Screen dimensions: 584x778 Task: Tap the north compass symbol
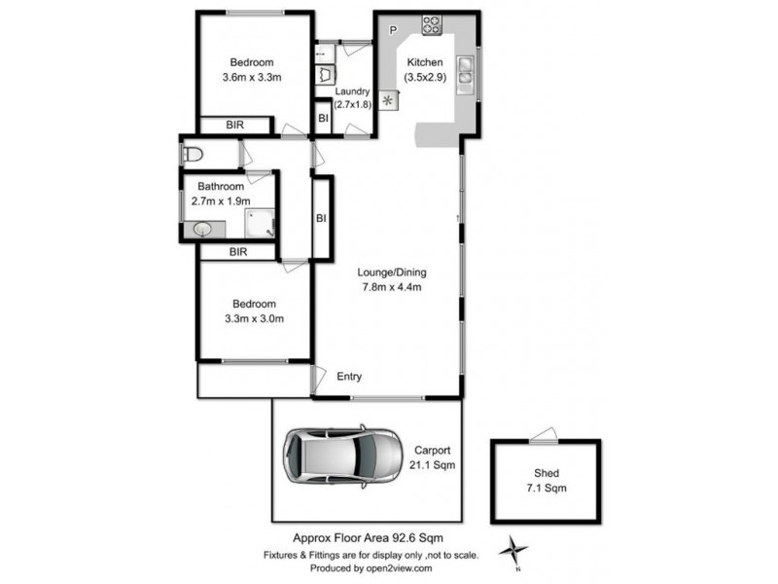pyautogui.click(x=512, y=552)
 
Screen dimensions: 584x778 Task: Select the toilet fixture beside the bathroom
pyautogui.click(x=192, y=154)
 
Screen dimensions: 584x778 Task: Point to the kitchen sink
pyautogui.click(x=466, y=68)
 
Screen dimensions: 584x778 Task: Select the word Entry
pyautogui.click(x=351, y=377)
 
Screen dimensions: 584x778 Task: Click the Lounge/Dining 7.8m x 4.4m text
pyautogui.click(x=394, y=279)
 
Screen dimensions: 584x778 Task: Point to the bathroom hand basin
pyautogui.click(x=202, y=230)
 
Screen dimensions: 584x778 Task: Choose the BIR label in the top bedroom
pyautogui.click(x=234, y=125)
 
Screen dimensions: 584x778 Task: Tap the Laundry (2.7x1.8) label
pyautogui.click(x=352, y=97)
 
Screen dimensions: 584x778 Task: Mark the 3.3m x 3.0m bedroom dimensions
pyautogui.click(x=254, y=318)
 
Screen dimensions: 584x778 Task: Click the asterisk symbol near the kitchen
pyautogui.click(x=391, y=99)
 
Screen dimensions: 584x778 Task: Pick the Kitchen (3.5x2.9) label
pyautogui.click(x=425, y=70)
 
